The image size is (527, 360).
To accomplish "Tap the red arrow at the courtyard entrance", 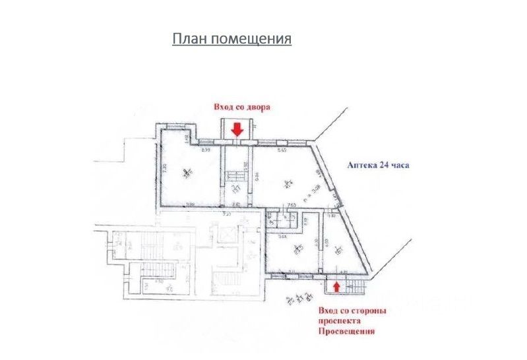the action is point(237,131).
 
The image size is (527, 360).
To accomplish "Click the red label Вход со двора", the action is point(241,107).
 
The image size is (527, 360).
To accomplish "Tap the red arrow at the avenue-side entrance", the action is point(337,286).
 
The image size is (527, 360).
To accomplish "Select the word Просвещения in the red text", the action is point(346,332).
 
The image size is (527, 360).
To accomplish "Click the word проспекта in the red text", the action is point(340,321).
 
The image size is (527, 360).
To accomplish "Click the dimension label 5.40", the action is point(281,151).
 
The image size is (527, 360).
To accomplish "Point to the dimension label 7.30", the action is point(164,168).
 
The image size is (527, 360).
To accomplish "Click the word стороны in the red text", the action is point(371,311).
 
